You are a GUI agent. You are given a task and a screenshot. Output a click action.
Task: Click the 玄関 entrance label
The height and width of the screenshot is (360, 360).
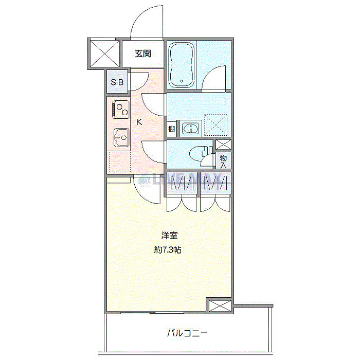(x=143, y=53)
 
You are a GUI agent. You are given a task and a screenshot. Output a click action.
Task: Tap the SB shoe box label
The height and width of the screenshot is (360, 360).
(x=117, y=83)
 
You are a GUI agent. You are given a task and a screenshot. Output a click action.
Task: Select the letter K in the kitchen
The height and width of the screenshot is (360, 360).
(x=138, y=122)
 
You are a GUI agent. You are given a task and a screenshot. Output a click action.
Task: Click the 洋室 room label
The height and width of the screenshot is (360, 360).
(x=169, y=236)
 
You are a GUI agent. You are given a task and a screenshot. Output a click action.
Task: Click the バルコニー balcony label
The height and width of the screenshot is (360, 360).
(x=187, y=333)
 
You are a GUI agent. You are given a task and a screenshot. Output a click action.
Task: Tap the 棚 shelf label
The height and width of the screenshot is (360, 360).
(x=172, y=129)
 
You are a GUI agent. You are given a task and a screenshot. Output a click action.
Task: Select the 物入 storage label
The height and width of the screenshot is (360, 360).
(x=224, y=161)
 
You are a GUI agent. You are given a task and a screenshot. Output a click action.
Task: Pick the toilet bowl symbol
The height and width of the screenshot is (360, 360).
(x=197, y=153)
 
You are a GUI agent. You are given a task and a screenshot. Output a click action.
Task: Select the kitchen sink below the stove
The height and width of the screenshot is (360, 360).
(x=120, y=137)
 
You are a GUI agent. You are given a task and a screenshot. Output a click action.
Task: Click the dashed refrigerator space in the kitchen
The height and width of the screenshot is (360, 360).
(x=119, y=163)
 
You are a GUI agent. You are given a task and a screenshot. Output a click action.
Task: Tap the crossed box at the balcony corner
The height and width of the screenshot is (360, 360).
(x=220, y=305)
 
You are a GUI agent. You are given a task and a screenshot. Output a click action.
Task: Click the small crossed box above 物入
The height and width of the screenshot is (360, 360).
(x=223, y=145)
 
